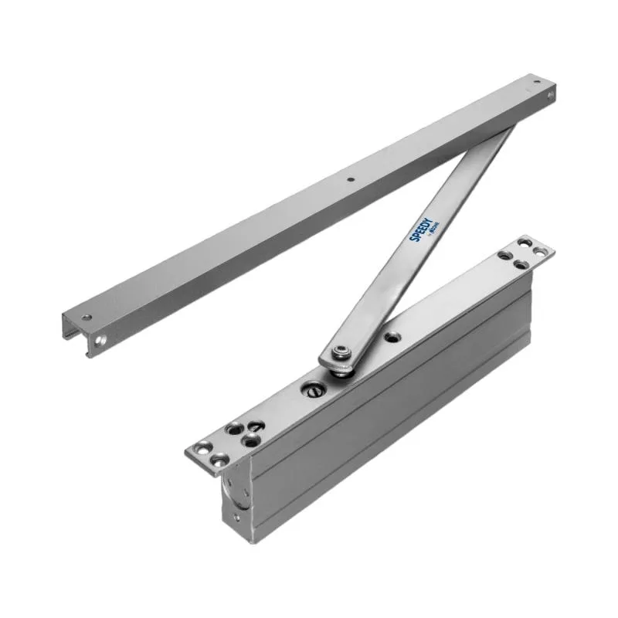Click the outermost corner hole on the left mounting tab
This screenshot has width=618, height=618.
coord(203,447)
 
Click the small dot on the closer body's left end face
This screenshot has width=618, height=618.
coord(236,531)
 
